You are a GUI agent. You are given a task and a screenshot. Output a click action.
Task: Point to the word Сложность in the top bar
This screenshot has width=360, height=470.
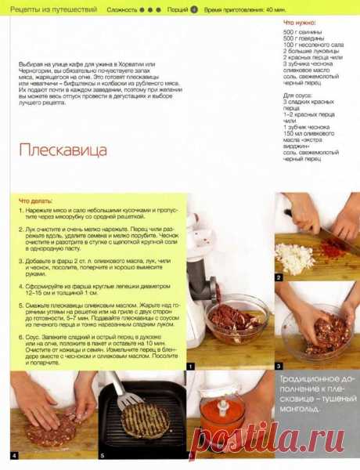coord(121,9)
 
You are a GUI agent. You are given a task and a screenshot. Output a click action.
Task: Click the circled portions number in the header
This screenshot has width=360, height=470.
coord(193,9)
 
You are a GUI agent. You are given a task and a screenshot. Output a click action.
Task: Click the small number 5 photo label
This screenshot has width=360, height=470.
coord(101,455)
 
